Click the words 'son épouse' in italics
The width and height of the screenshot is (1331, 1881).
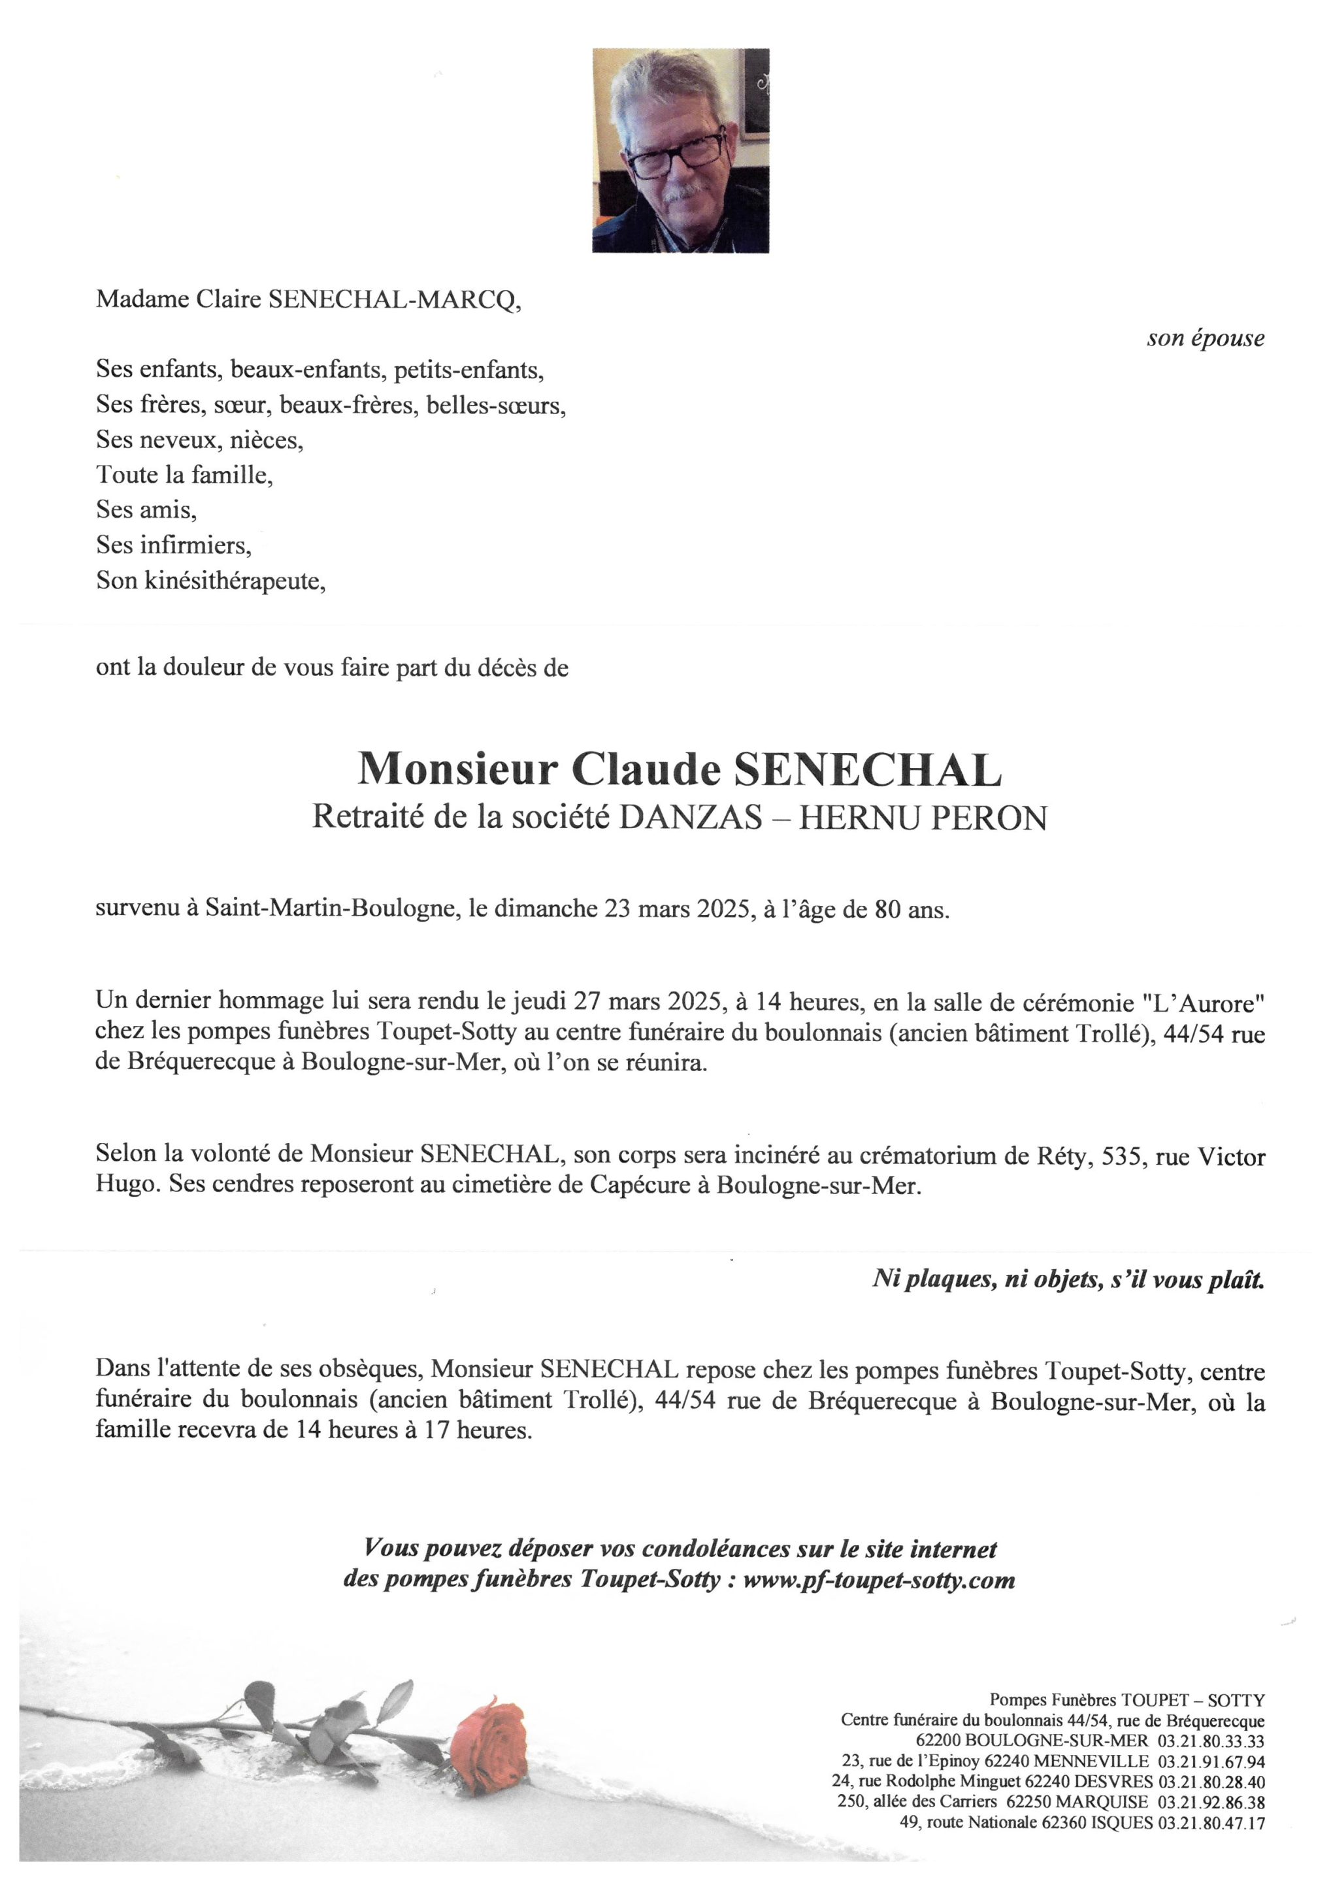click(1205, 338)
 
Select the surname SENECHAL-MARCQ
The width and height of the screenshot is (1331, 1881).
click(393, 300)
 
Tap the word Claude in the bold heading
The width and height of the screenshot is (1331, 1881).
click(645, 770)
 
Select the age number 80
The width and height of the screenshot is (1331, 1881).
click(887, 910)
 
